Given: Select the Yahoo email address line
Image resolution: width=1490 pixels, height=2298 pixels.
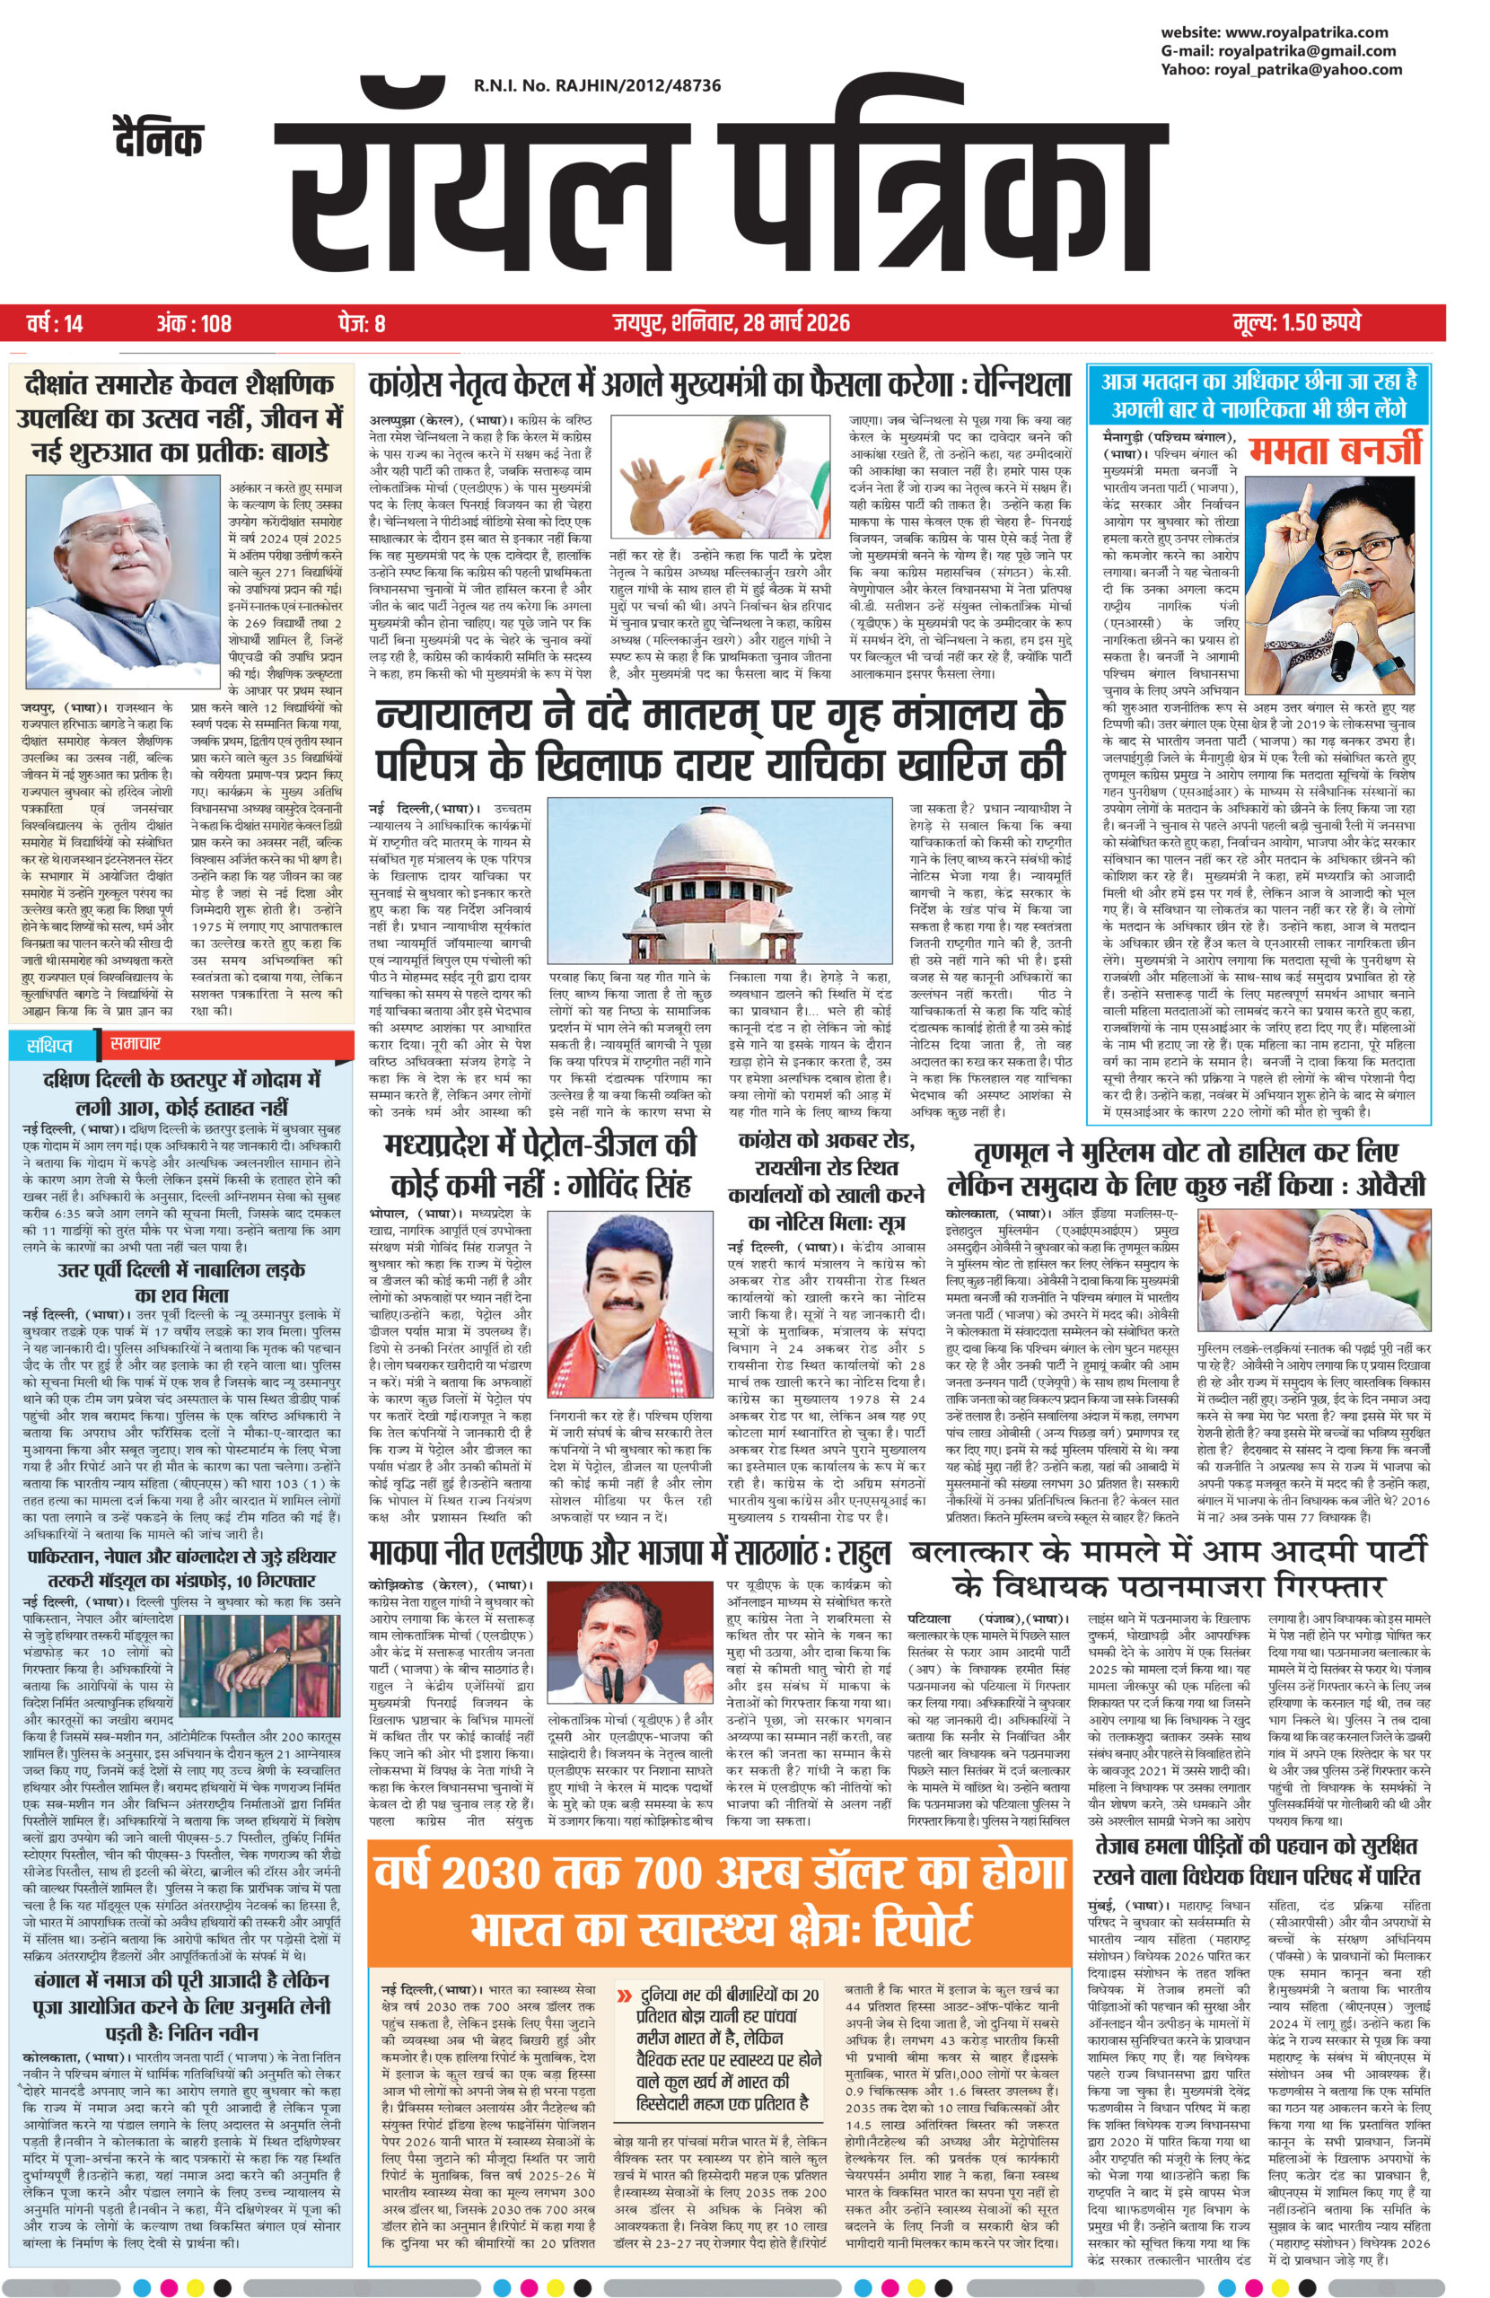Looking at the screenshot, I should [x=1281, y=69].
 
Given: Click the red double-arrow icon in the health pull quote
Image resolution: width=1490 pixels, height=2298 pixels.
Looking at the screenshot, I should [x=626, y=1967].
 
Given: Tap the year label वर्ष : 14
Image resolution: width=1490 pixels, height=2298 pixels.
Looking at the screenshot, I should [x=54, y=322].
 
